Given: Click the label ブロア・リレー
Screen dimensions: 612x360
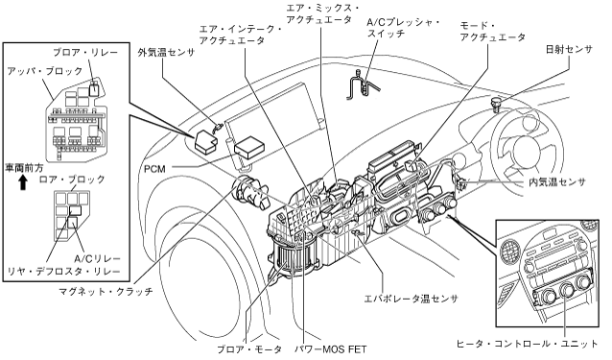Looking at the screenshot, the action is (x=85, y=52).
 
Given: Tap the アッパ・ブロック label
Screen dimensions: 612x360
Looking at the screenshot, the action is (x=45, y=71).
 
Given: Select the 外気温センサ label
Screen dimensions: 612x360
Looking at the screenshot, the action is (x=166, y=53).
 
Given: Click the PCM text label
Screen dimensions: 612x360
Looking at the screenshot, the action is (x=155, y=169).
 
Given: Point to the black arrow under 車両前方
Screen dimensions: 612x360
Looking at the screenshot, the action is (x=23, y=182).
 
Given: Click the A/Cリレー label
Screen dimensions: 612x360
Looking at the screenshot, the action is (x=97, y=258).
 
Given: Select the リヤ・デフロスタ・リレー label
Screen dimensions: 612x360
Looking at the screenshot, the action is (x=64, y=271).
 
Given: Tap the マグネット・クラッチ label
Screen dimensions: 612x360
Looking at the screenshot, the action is (x=106, y=291).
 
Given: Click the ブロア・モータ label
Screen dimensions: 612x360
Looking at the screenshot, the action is (x=249, y=349).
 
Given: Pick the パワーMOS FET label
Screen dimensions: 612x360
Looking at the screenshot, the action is (x=330, y=349).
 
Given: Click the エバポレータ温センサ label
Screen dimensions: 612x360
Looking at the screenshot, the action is (x=411, y=299).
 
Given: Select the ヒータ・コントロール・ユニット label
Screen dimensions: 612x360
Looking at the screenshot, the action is (x=527, y=344).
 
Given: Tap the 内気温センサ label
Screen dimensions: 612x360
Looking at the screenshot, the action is (x=557, y=182).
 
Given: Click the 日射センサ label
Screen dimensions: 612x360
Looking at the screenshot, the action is (x=569, y=50).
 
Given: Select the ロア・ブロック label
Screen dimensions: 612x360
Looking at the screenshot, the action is (x=72, y=180).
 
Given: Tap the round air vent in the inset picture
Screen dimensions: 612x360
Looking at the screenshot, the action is (x=509, y=250).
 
